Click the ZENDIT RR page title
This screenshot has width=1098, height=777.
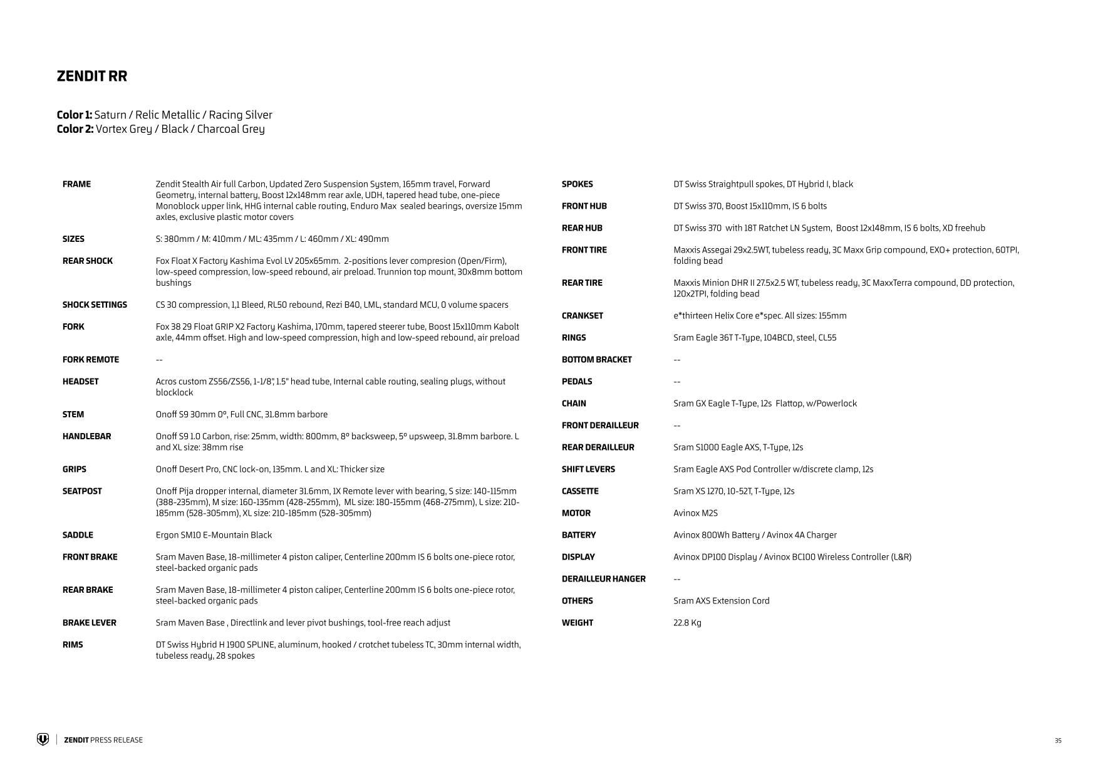[x=92, y=76]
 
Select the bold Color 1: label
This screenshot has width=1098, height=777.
[x=75, y=115]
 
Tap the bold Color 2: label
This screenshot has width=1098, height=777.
[x=75, y=129]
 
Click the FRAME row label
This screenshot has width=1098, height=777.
[x=76, y=184]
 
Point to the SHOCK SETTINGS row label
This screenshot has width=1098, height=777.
[x=95, y=305]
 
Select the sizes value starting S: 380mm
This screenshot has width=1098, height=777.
[x=272, y=239]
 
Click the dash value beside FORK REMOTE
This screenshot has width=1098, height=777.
[x=160, y=360]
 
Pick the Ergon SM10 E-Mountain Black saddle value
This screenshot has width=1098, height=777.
[x=214, y=535]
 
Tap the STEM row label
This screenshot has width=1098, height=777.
[x=73, y=415]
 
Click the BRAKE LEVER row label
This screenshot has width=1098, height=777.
[x=89, y=623]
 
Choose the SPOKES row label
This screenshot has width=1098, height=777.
[x=577, y=184]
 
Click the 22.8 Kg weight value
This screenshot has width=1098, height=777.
[x=687, y=623]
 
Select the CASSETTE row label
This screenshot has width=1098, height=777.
[x=580, y=491]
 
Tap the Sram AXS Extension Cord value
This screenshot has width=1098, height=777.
[x=721, y=601]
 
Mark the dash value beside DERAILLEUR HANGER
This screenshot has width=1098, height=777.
[x=677, y=579]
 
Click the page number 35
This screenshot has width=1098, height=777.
[x=1058, y=741]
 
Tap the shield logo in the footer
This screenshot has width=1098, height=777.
[x=43, y=740]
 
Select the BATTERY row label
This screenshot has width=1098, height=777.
[x=579, y=535]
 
